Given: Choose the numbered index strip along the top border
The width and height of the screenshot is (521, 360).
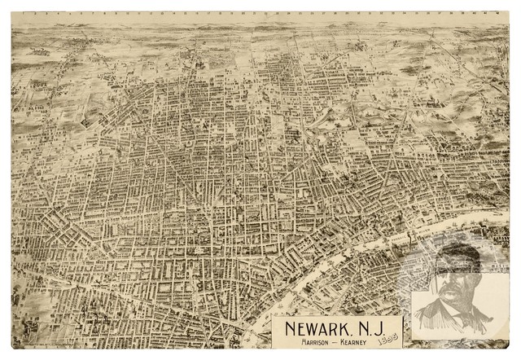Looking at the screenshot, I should [x=260, y=14].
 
